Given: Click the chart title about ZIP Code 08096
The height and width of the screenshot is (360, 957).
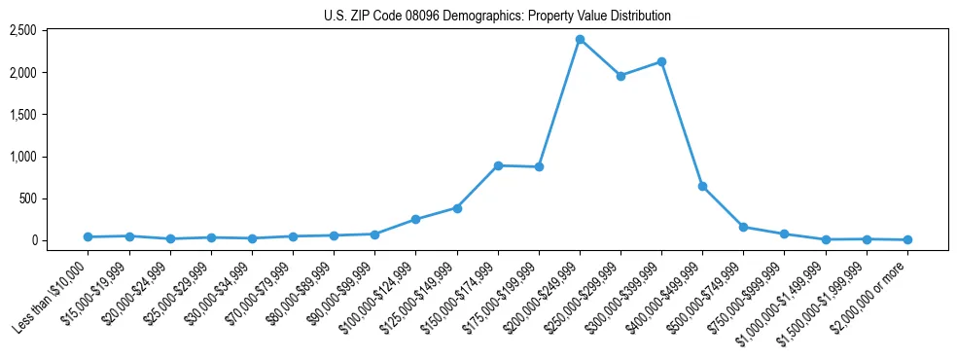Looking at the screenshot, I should [x=497, y=16].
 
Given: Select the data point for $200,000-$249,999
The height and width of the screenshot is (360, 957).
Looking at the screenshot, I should [x=580, y=40].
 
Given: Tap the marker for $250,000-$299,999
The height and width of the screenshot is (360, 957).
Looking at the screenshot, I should [x=620, y=76].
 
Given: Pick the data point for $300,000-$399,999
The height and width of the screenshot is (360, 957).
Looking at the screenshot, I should [x=661, y=62].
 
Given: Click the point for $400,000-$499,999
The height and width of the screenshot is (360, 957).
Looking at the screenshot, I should [x=702, y=186].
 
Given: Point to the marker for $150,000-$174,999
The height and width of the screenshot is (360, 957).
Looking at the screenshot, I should [x=498, y=165].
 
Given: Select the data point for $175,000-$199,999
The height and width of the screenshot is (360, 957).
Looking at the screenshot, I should [x=539, y=167].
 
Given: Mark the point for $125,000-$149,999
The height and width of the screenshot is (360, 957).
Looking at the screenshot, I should [x=457, y=208].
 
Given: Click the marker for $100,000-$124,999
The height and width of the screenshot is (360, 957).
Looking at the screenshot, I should [x=415, y=220].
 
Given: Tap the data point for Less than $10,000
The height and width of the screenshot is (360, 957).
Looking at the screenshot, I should [x=89, y=236].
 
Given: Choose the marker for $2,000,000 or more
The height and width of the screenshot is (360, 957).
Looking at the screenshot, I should [x=907, y=239].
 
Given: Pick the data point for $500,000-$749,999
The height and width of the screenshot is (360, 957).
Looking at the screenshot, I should [x=743, y=227].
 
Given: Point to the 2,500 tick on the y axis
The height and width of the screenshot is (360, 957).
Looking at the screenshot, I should [x=22, y=31].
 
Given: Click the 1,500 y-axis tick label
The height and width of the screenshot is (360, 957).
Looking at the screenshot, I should [x=22, y=115].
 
